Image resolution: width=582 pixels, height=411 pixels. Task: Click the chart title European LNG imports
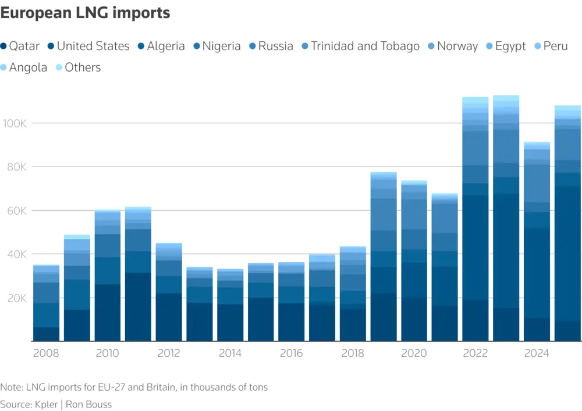[85, 13]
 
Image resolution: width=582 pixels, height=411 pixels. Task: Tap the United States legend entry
[88, 46]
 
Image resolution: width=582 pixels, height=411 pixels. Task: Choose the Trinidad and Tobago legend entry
[360, 46]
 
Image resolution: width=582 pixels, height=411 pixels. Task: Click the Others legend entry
[78, 68]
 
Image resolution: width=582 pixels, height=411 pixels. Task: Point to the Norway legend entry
[452, 46]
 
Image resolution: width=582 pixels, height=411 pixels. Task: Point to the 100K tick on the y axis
[15, 123]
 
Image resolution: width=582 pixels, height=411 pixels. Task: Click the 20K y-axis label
[15, 298]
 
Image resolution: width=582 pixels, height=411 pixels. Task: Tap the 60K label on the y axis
[15, 211]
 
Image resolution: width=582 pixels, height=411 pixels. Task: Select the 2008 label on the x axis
[46, 353]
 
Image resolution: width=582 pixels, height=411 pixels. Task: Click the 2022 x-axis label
[475, 353]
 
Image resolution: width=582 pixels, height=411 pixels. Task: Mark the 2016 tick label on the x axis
[291, 353]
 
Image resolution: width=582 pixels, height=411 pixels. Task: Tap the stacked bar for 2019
[384, 257]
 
